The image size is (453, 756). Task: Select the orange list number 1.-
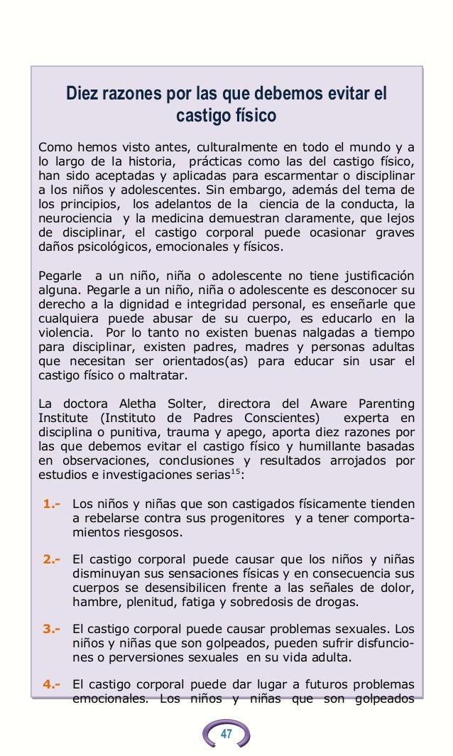pyautogui.click(x=51, y=504)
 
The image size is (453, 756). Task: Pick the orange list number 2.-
pyautogui.click(x=51, y=558)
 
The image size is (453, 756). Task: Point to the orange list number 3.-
pyautogui.click(x=51, y=628)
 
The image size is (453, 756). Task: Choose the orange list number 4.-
pyautogui.click(x=51, y=684)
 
